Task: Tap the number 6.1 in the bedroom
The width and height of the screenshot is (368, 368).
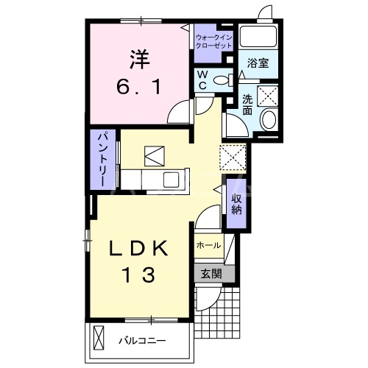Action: [x=139, y=88]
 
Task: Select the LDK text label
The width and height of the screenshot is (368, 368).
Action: [x=138, y=248]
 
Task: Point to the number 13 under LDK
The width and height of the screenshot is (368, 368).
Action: [x=139, y=275]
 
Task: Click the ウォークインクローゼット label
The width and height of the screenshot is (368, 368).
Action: [x=214, y=42]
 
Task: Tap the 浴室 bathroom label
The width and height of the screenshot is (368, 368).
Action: [x=258, y=63]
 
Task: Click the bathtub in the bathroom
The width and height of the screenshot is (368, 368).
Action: [x=258, y=36]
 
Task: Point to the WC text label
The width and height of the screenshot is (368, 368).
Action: [x=202, y=79]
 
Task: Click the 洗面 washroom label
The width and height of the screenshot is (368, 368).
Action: [x=247, y=105]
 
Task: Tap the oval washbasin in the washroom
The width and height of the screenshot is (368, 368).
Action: [x=269, y=120]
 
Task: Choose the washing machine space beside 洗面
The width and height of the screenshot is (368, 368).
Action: [x=267, y=96]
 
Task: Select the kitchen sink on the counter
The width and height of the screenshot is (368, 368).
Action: [x=171, y=180]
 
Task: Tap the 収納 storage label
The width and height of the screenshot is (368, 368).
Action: [x=237, y=204]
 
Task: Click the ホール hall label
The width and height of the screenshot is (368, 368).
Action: [x=209, y=245]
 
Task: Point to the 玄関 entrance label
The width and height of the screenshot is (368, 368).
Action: [x=211, y=274]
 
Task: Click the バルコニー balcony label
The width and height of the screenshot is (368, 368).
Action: [x=142, y=341]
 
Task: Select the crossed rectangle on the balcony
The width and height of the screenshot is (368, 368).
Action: [x=99, y=338]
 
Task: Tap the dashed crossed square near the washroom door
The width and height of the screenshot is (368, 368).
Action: [x=233, y=158]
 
